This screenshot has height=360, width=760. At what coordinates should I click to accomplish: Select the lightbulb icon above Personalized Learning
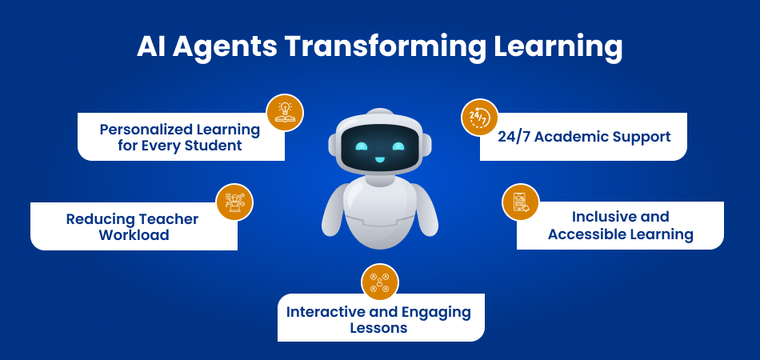coord(285,113)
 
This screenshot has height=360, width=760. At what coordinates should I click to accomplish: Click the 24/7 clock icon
coord(479,118)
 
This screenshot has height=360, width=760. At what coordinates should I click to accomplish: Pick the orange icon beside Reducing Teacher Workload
coord(234,202)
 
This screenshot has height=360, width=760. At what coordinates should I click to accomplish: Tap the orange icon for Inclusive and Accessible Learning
coord(520,202)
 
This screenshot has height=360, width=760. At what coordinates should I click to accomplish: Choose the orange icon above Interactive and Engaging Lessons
coord(380,282)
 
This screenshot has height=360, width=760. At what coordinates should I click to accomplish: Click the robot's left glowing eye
coord(362,147)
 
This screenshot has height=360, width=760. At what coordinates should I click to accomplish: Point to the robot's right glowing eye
coord(398,147)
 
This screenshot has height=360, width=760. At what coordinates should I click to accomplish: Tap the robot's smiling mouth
coord(380,159)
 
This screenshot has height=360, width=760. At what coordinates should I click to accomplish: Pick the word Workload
coord(134,235)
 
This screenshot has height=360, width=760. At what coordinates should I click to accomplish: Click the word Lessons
coord(378,328)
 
